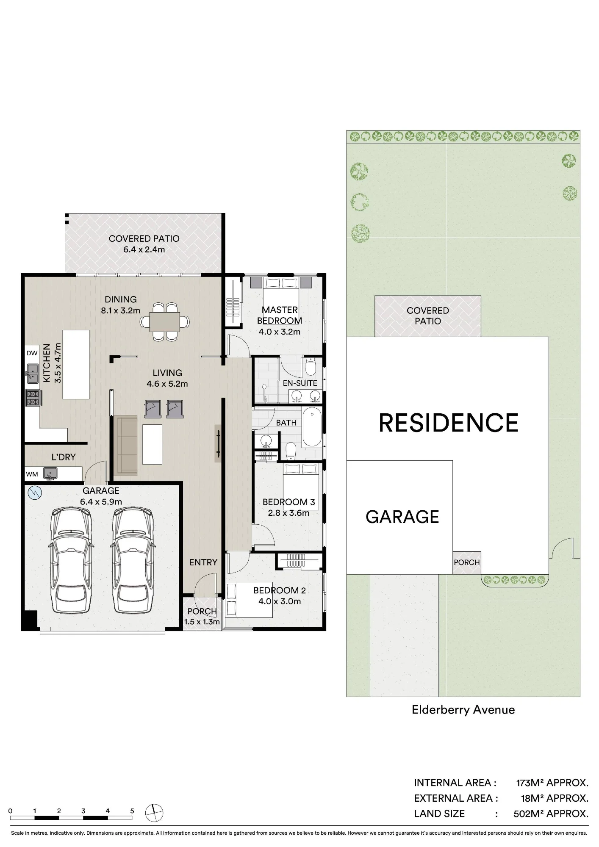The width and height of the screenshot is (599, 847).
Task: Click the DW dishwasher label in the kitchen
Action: pyautogui.click(x=32, y=353)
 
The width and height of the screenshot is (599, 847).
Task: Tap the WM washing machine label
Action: pyautogui.click(x=32, y=474)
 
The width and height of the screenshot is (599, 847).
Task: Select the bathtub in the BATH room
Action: pyautogui.click(x=312, y=427)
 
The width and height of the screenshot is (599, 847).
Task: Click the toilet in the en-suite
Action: pyautogui.click(x=311, y=367)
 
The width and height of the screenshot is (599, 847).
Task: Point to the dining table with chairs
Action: pyautogui.click(x=165, y=321)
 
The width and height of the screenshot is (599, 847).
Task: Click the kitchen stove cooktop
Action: pyautogui.click(x=33, y=398)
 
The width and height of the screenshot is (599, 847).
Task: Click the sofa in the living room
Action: pyautogui.click(x=126, y=445)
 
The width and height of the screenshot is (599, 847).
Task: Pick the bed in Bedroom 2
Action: pyautogui.click(x=249, y=600)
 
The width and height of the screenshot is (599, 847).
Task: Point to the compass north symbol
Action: pyautogui.click(x=154, y=813)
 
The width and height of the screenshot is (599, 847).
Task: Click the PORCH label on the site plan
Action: pyautogui.click(x=467, y=562)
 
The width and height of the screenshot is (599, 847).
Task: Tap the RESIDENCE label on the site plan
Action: pyautogui.click(x=448, y=423)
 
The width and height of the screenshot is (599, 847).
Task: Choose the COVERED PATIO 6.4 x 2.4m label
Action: pyautogui.click(x=144, y=244)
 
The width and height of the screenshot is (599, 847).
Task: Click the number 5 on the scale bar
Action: pyautogui.click(x=132, y=811)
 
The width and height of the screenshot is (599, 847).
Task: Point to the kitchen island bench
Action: pyautogui.click(x=76, y=365)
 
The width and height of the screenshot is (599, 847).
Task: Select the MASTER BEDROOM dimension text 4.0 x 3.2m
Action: pyautogui.click(x=280, y=332)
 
